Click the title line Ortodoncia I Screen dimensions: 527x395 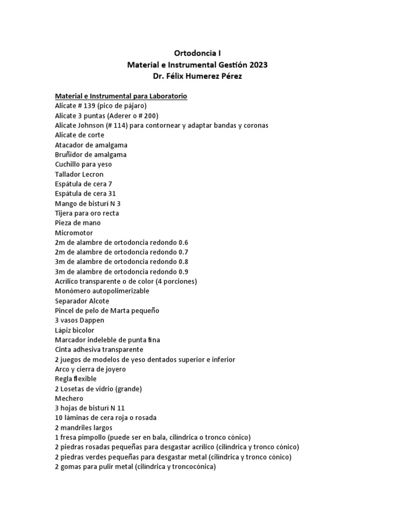[197, 52]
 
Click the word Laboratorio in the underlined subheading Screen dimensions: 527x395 [168, 96]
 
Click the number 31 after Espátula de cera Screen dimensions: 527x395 [111, 194]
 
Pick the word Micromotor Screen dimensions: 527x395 [74, 233]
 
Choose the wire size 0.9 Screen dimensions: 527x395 [183, 272]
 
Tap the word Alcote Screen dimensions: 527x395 [98, 301]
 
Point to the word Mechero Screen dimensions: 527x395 [69, 398]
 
